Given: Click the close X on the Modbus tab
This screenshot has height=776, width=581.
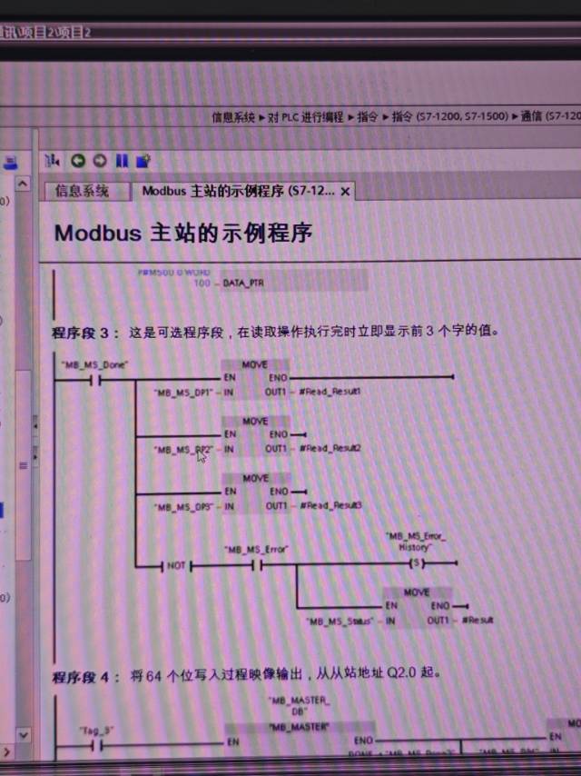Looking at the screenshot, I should coord(345,192).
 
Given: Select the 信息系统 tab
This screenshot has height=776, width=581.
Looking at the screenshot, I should coord(82,191).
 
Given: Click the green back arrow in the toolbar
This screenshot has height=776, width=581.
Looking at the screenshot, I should coord(77,161).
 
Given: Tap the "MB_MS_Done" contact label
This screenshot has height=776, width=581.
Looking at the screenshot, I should coord(94,365).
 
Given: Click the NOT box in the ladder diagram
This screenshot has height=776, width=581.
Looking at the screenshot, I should coord(175,565).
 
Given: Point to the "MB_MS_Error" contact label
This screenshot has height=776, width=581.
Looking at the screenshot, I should coord(256,550).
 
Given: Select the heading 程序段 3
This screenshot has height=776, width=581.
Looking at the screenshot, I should coord(85,333).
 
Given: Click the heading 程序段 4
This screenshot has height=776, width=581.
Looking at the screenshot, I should coord(85,676).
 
